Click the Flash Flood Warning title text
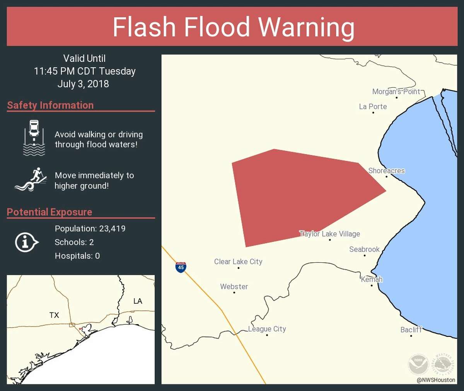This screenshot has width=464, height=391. point(233,27)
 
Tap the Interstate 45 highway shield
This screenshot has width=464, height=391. point(181,267)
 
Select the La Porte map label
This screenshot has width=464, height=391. point(373,107)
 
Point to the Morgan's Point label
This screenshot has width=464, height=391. point(396,92)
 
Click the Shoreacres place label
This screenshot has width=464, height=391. point(386,171)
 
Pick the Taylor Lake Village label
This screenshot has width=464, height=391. point(330,234)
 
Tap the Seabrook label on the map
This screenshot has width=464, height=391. point(364,249)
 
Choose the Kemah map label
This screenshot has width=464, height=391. point(372,279)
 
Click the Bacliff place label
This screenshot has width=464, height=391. point(411,330)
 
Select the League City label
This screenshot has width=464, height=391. point(267,329)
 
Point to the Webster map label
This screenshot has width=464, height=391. point(234,287)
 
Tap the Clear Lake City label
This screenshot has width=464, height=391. point(238,262)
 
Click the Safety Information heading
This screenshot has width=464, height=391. point(50,105)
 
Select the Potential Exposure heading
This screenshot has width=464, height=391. point(49,212)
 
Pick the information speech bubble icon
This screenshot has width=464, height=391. point(26,243)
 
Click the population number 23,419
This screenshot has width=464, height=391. point(112,228)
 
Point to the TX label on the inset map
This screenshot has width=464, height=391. point(54,315)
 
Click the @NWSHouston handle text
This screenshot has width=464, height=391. point(436,380)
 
